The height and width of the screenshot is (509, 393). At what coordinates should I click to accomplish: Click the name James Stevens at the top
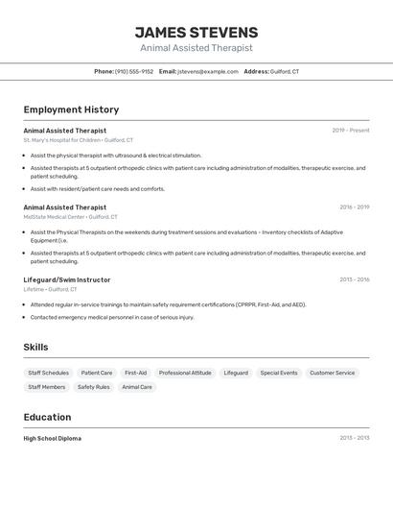[x=196, y=32]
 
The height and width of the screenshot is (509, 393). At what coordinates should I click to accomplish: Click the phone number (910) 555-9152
[x=134, y=72]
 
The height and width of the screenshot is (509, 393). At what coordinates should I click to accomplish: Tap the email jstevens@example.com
[x=208, y=72]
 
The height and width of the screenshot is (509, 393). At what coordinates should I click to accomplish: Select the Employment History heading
[x=71, y=109]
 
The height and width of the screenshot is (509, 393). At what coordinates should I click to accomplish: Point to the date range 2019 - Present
[x=351, y=131]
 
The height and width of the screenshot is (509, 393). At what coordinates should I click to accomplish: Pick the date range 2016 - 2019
[x=354, y=207]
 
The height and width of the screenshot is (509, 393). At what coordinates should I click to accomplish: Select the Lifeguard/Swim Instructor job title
[x=67, y=279]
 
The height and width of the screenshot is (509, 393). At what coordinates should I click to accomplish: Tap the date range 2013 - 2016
[x=354, y=279]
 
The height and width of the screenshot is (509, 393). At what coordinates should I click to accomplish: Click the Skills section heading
[x=35, y=347]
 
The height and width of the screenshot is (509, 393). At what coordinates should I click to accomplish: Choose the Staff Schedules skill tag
[x=48, y=373]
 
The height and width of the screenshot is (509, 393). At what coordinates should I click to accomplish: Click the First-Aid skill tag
[x=136, y=373]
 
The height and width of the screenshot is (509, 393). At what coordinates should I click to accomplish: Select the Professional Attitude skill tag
[x=185, y=373]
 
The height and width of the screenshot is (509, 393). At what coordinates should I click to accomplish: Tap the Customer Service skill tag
[x=332, y=373]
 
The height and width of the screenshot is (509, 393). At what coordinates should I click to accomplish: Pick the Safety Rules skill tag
[x=94, y=387]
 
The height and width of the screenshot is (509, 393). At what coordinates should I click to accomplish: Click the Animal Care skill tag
[x=137, y=387]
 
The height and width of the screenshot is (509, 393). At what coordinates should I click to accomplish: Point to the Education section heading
[x=47, y=417]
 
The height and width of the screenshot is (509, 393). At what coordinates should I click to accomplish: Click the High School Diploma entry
[x=53, y=438]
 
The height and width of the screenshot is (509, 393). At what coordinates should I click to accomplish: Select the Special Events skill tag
[x=279, y=373]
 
